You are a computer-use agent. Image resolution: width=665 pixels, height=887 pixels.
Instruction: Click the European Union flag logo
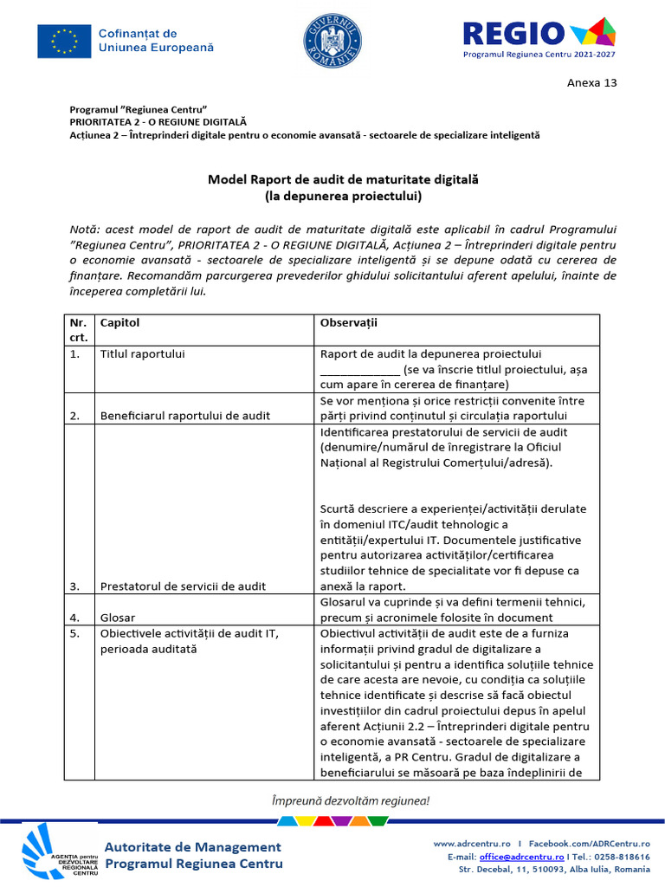pos(64,40)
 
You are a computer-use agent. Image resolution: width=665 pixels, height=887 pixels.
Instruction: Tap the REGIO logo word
pos(513,33)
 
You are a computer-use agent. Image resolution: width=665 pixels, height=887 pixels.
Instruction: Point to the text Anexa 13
pos(592,84)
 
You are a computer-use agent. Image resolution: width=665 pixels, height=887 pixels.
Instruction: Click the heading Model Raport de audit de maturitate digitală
pos(343,179)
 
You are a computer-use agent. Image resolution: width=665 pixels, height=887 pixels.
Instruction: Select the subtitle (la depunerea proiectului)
pos(343,197)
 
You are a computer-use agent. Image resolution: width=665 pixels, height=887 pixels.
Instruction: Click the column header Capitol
pos(119,322)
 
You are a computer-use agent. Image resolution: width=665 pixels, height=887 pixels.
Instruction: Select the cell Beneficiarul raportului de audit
pos(184,416)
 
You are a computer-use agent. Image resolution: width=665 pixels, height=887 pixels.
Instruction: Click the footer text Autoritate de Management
pos(192,846)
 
